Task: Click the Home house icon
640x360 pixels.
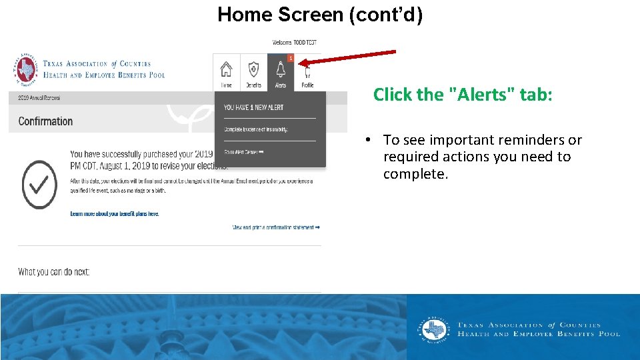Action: (x=227, y=71)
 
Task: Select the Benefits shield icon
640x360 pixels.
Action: (x=253, y=71)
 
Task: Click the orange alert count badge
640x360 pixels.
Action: (x=291, y=58)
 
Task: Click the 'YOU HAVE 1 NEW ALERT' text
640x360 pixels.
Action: (x=253, y=107)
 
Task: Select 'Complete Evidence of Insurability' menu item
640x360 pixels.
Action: (x=256, y=129)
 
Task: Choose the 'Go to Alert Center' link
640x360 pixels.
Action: (x=244, y=153)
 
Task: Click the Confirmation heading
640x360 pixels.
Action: (x=45, y=121)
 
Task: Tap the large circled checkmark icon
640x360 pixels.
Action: (x=39, y=184)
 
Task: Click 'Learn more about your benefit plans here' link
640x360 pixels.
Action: (x=115, y=214)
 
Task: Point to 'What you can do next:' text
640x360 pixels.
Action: (x=54, y=272)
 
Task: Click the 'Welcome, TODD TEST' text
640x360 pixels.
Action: (x=294, y=43)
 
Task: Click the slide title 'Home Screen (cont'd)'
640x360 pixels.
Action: (x=320, y=15)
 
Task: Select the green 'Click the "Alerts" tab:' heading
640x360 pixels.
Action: (x=463, y=95)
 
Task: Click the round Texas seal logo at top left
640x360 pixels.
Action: (x=25, y=70)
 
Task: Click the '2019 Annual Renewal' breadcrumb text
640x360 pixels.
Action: (x=39, y=98)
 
